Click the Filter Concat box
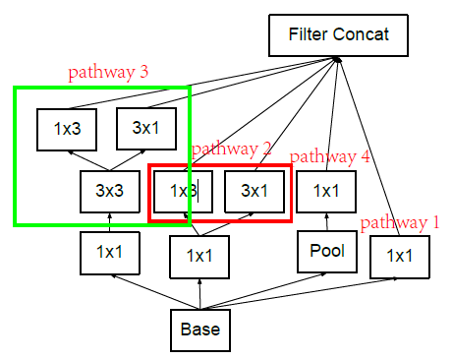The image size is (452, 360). (338, 35)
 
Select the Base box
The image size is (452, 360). (200, 330)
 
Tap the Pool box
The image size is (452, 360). (325, 251)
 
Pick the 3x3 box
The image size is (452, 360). (110, 191)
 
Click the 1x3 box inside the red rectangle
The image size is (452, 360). (182, 191)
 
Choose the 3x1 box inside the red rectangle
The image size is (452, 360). (254, 191)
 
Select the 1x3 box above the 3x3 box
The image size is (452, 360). (67, 129)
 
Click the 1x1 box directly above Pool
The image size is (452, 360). (325, 191)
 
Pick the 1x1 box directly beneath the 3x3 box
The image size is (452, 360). (110, 253)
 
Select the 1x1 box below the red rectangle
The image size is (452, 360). (199, 257)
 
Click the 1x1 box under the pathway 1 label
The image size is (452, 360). (399, 257)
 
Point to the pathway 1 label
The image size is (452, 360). (400, 222)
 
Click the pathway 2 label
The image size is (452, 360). (231, 149)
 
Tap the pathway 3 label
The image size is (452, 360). (108, 72)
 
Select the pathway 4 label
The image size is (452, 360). (330, 155)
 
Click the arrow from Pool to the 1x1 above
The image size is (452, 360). (325, 221)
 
